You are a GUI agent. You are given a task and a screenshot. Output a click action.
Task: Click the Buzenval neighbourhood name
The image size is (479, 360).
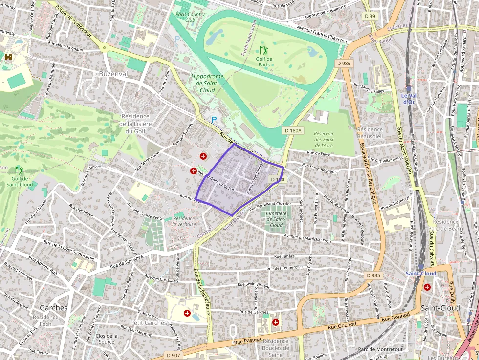click(113, 73)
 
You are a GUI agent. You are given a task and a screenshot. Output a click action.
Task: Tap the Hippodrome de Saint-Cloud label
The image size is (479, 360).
click(207, 84)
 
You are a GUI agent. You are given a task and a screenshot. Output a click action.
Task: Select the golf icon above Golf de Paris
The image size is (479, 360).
click(264, 50)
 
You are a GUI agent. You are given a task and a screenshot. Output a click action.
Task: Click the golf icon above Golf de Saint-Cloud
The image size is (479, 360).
click(20, 170)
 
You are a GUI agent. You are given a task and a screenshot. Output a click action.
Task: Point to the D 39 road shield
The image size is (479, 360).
click(370, 16)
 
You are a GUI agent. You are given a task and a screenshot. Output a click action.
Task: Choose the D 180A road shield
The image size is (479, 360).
click(294, 130)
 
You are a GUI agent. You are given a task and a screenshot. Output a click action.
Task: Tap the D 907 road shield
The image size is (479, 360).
click(174, 355)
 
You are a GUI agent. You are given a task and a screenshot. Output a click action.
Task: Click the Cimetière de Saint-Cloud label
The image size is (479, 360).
click(276, 219)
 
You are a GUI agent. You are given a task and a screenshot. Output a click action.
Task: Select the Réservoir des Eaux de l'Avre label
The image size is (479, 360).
click(324, 139)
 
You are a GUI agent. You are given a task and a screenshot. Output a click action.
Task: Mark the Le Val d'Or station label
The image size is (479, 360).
click(409, 98)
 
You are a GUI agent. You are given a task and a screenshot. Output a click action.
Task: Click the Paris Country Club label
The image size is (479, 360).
click(190, 17)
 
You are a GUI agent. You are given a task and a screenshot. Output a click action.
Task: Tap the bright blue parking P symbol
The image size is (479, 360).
click(213, 119)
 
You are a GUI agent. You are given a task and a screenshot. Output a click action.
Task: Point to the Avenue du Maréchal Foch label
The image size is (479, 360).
click(307, 238)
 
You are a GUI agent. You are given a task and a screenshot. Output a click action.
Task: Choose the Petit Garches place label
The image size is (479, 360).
click(149, 323)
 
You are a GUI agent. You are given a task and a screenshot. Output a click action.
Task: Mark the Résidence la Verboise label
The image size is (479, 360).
click(184, 221)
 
